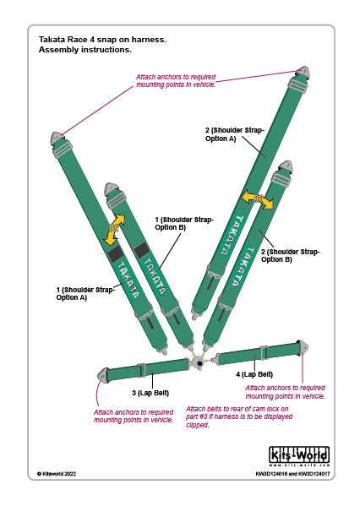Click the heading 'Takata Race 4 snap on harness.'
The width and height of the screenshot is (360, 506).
[x=102, y=39]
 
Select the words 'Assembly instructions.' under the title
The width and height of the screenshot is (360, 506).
[x=85, y=50]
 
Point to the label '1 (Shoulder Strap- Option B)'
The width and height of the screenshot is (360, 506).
[x=184, y=223]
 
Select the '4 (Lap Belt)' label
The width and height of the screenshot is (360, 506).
[x=254, y=373]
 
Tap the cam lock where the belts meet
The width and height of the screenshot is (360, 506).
[x=199, y=362]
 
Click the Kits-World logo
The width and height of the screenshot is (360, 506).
[x=298, y=456]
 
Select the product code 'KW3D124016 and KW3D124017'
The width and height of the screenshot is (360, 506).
[x=292, y=475]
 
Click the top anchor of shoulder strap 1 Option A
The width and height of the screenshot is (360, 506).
[x=57, y=141]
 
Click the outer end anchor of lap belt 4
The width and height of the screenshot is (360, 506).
[x=304, y=347]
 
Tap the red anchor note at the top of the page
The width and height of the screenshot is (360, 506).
[x=176, y=81]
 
